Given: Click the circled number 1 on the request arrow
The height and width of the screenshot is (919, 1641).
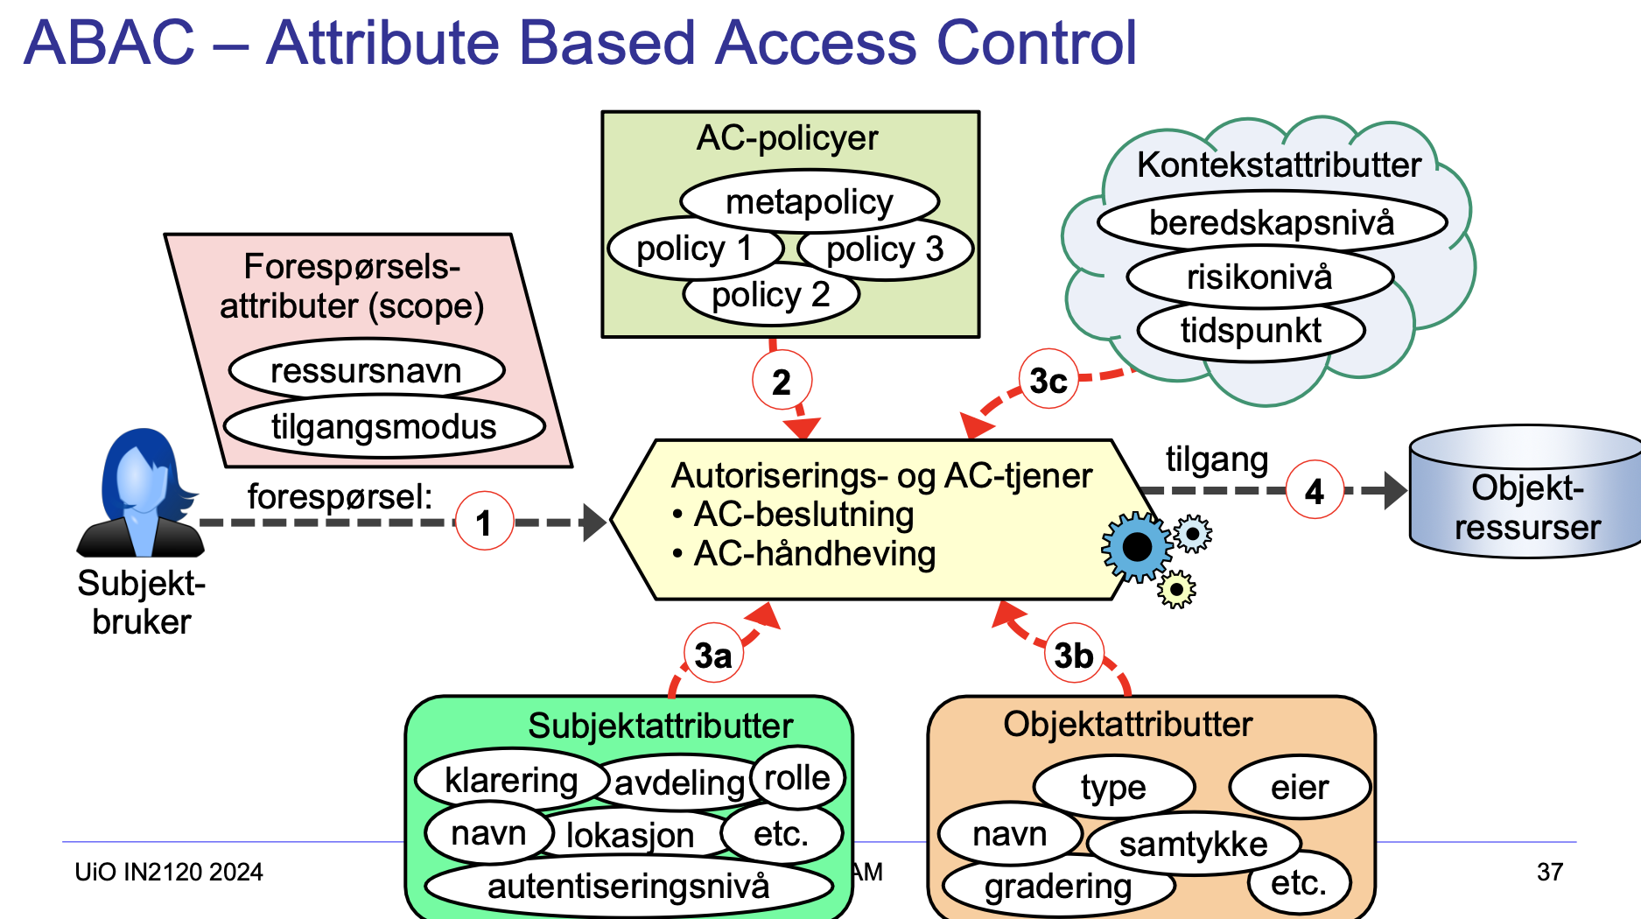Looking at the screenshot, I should click(484, 522).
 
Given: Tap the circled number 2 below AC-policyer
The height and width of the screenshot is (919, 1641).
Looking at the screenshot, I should click(782, 382).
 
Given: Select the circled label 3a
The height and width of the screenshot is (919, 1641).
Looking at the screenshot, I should click(713, 655).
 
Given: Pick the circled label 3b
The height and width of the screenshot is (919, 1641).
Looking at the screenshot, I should click(1073, 655).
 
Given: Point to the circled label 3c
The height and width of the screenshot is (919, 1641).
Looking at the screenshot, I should click(1048, 381).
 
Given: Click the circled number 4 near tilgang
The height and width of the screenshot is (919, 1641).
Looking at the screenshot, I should click(1315, 490).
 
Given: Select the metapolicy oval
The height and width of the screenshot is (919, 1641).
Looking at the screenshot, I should click(810, 201).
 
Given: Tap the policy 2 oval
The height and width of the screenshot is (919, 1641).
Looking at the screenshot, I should click(770, 295).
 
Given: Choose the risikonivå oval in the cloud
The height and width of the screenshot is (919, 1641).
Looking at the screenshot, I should click(1259, 277).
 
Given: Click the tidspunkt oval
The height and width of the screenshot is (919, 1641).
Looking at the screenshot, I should click(1251, 331).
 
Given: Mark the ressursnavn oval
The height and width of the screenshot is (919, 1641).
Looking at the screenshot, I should click(366, 370).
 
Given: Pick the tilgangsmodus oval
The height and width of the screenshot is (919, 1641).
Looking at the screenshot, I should click(383, 427).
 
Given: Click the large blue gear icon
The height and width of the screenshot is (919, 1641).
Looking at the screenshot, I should click(1136, 547).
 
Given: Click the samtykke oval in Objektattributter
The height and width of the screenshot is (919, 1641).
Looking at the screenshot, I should click(1193, 844).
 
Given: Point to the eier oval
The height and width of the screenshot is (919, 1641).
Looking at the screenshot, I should click(1299, 787).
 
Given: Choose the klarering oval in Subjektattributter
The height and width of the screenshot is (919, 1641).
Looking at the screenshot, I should click(511, 779).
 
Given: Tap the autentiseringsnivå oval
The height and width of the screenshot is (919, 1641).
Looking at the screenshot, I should click(628, 886).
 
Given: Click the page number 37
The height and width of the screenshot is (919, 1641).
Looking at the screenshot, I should click(1549, 872).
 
